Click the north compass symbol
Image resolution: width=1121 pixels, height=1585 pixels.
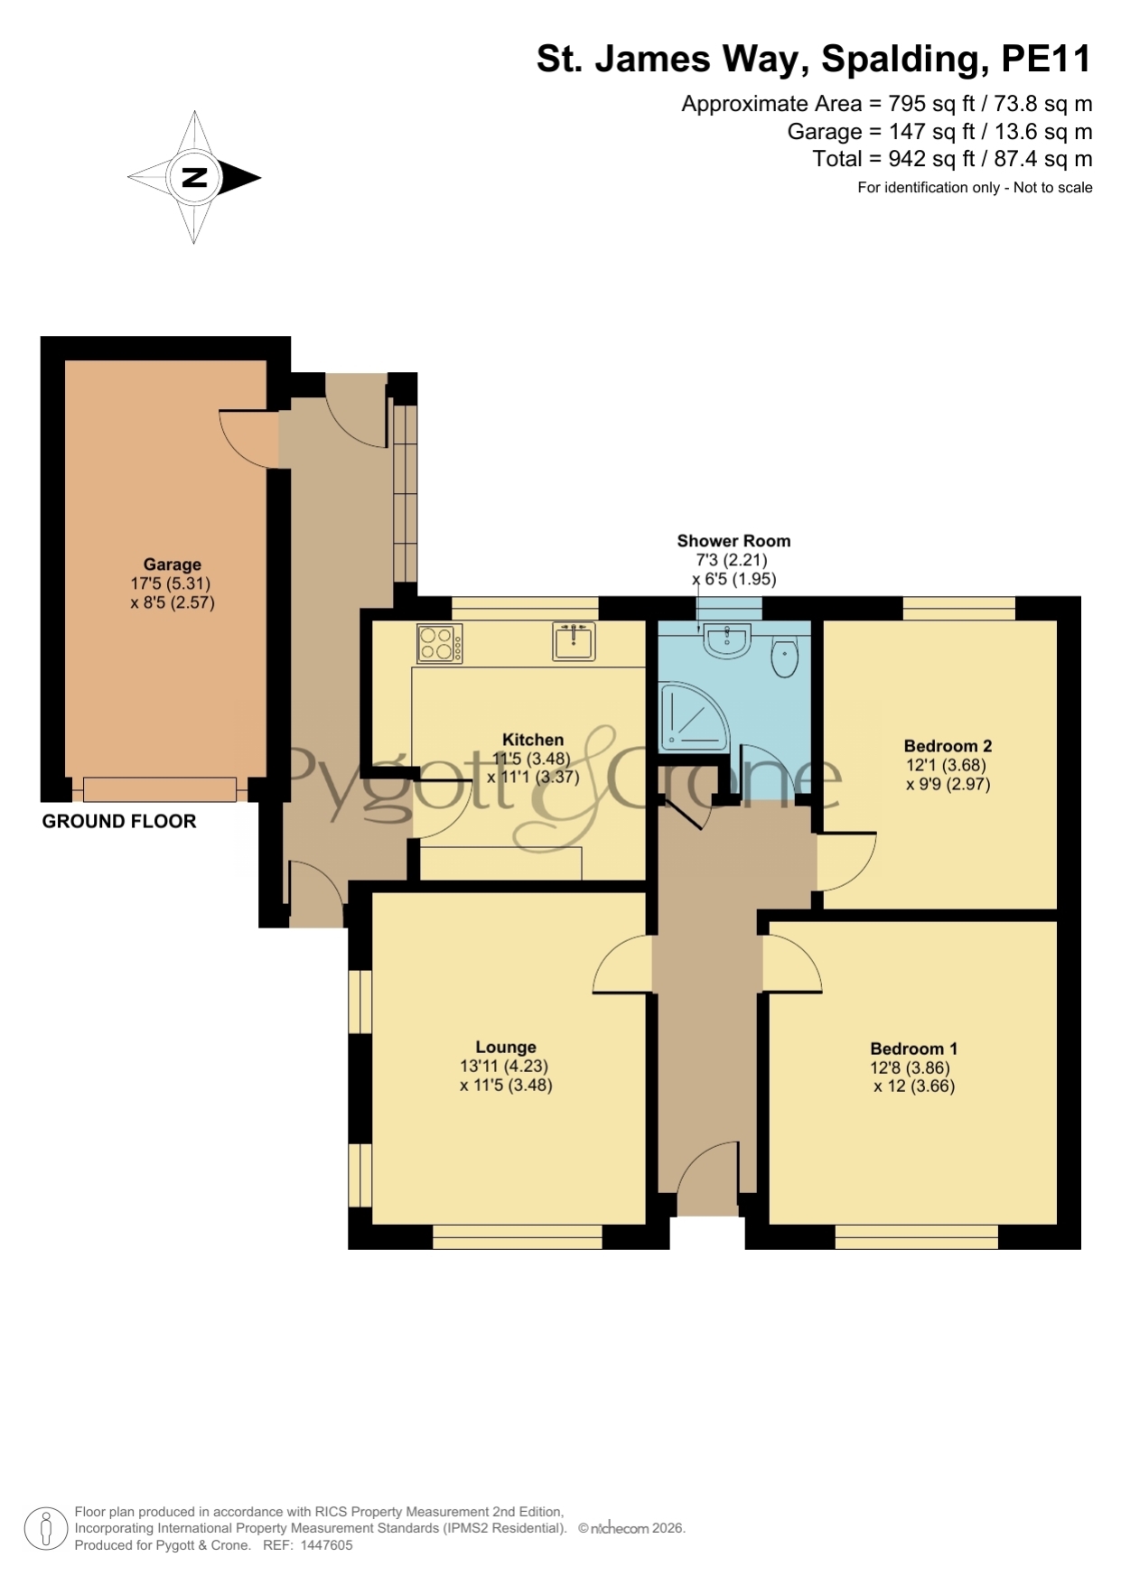tap(194, 177)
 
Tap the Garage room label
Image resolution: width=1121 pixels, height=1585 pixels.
tap(173, 564)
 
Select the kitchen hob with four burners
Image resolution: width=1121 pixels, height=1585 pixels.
tap(440, 644)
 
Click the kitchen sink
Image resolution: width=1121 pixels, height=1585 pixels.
tap(574, 640)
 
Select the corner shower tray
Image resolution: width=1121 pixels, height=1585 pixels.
tap(694, 717)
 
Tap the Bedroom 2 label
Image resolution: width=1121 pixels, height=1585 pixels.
tap(948, 746)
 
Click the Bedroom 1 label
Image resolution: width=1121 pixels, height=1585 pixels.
tap(913, 1049)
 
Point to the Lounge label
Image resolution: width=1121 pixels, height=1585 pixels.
tap(506, 1047)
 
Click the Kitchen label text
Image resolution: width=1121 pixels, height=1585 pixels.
tap(533, 740)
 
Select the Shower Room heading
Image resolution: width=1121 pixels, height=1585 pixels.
tap(733, 541)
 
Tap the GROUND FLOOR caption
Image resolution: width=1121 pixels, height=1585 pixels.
tap(119, 821)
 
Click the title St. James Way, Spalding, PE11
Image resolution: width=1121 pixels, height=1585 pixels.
tap(814, 59)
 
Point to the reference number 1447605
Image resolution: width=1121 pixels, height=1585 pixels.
tap(326, 1545)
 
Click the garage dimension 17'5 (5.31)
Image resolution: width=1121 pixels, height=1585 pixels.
tap(171, 583)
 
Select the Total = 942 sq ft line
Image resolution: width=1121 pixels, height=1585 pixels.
tap(952, 159)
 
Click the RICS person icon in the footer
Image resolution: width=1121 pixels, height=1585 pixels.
tap(45, 1529)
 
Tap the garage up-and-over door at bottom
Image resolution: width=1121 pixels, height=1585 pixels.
tap(160, 789)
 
